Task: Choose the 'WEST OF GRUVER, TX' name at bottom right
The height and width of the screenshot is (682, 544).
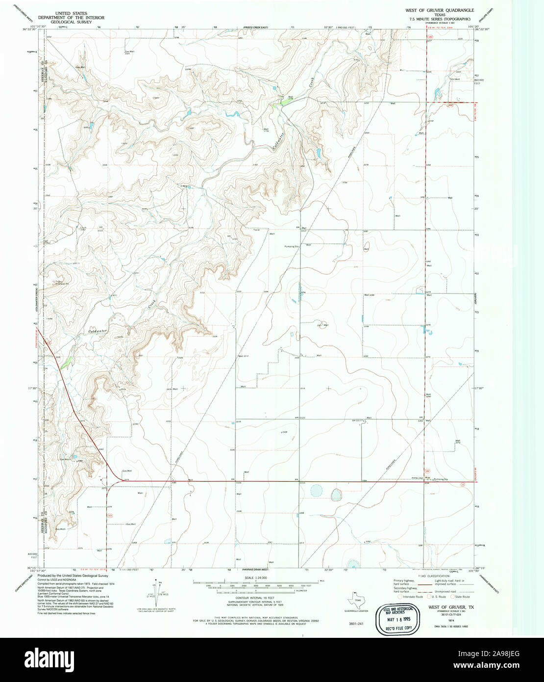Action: (444, 607)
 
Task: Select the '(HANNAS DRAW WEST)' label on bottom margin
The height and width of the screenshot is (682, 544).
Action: (255, 570)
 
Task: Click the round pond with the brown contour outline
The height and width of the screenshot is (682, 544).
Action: (336, 493)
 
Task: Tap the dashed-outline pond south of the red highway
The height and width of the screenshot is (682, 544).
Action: (317, 491)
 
